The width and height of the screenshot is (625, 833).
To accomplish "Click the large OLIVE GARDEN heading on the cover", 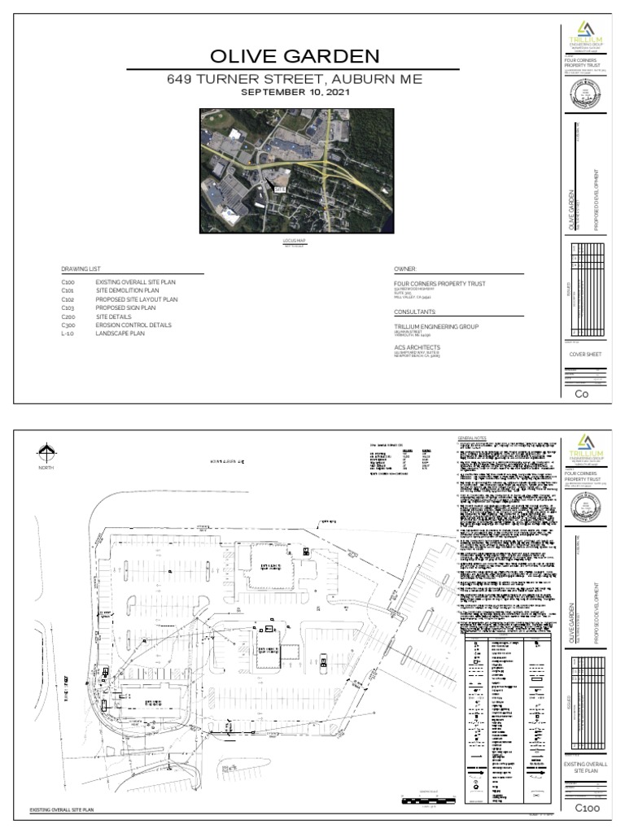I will coord(295,56).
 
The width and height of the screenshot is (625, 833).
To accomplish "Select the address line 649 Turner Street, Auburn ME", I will coord(295,80).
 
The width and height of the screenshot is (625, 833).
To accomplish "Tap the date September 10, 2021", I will coord(295,93).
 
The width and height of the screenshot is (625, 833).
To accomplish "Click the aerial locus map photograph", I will coord(296,171).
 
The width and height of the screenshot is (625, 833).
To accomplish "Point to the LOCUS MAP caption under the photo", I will coord(295,242).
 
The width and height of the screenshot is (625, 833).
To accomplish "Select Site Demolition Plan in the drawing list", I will coord(127,290).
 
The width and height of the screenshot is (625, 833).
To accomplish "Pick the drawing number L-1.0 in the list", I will coord(68,334).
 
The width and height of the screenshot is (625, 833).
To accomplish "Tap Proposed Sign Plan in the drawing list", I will coord(125,307).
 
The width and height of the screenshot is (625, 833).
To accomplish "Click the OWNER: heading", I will coord(405,268).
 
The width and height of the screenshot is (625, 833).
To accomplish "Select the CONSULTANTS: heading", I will coord(415,312).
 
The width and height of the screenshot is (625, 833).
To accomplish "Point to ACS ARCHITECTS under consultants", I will coord(417,347).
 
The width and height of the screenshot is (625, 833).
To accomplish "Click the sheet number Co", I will coord(581,394).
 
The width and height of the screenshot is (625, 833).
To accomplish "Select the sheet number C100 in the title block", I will coord(588,808).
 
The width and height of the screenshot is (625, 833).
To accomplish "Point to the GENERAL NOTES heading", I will coord(472,438).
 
